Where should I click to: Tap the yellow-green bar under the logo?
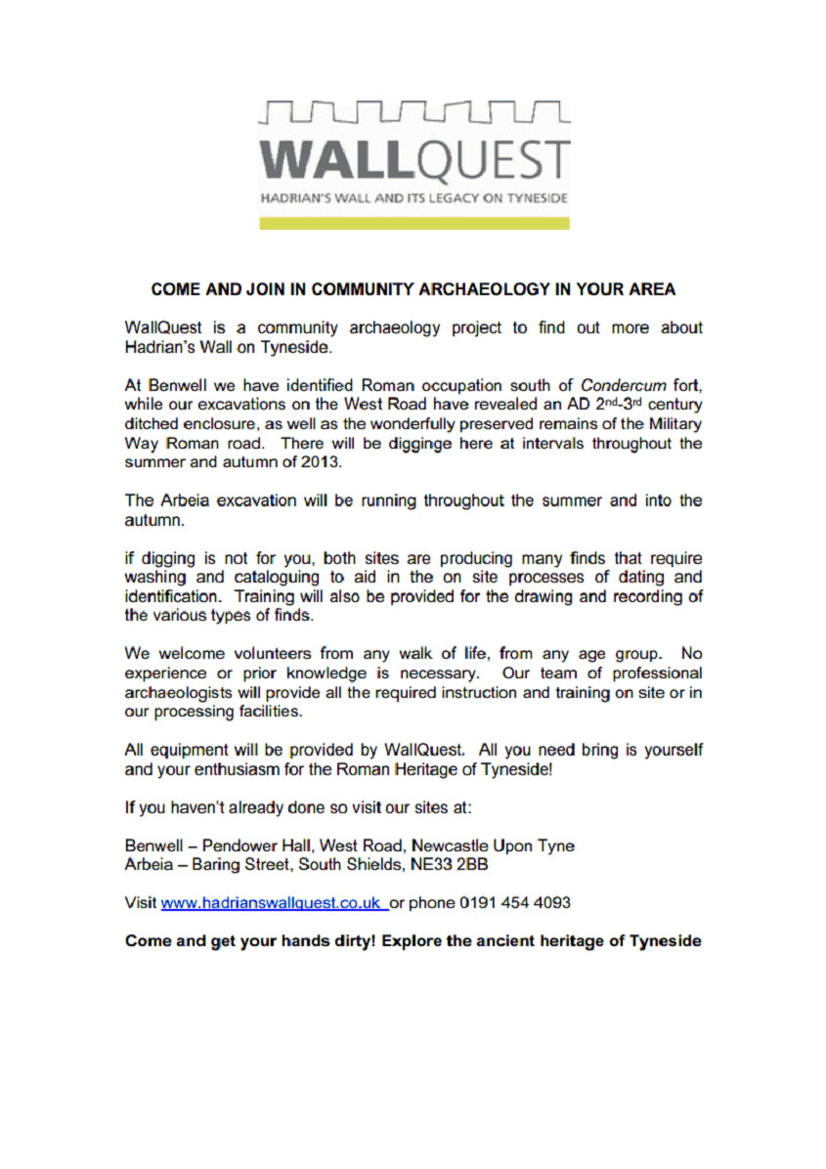click(x=413, y=223)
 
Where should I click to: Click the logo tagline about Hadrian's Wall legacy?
click(x=413, y=197)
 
